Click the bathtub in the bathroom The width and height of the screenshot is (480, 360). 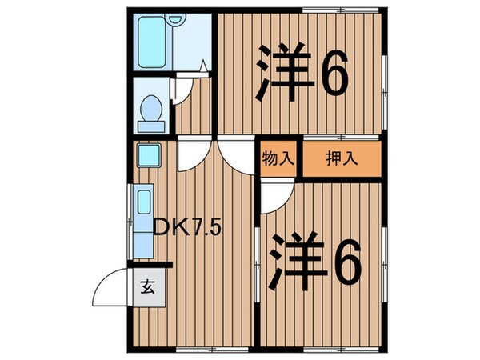click(x=152, y=42)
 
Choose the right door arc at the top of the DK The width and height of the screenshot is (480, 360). click(x=234, y=154)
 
